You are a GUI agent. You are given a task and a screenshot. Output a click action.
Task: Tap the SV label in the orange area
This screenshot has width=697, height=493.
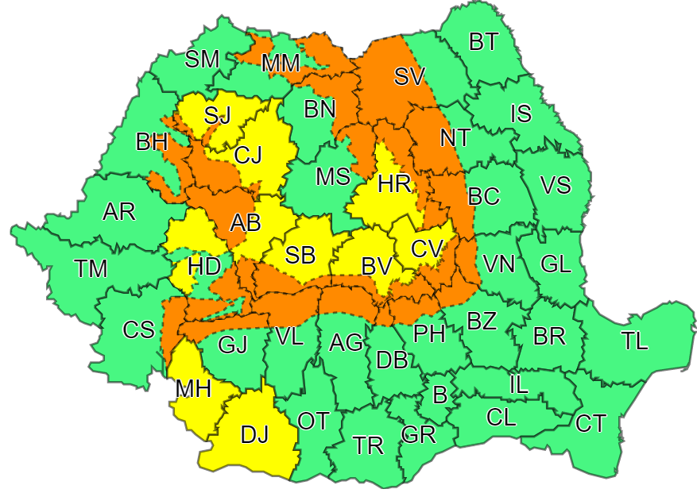coord(409,76)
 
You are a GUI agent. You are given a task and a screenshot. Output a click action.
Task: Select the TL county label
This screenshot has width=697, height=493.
coord(634,341)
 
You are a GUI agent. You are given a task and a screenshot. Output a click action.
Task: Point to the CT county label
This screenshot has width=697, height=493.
coord(591,424)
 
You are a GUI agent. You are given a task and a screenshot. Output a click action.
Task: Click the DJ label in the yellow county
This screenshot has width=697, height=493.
coord(255,434)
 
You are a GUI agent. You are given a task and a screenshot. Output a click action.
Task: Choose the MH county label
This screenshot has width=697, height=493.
coord(193,389)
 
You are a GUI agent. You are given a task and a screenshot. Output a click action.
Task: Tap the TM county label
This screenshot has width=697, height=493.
coord(91,269)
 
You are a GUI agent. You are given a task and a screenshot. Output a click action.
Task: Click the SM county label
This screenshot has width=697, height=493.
coord(203,59)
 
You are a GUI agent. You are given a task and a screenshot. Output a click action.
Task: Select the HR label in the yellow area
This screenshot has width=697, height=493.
coord(394,185)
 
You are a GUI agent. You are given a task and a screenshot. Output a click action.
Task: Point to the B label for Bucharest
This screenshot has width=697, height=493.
coord(439,394)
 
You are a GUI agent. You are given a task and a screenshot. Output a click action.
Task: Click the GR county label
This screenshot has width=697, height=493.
coord(419,434)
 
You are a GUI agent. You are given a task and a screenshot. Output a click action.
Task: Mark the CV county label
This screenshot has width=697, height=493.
coord(427,248)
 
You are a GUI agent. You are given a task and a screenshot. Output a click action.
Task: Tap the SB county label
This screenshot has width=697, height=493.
coord(300,256)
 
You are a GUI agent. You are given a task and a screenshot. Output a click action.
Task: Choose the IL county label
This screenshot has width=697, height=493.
coord(518,386)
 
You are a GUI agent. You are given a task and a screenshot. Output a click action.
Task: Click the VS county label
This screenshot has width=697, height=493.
coord(556,185)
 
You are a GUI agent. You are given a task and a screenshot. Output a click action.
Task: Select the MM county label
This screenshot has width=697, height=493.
coord(281,64)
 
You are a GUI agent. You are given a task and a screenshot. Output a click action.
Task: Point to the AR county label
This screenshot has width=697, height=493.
coord(119,212)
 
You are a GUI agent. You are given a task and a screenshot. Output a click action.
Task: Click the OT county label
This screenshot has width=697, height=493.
coord(313,421)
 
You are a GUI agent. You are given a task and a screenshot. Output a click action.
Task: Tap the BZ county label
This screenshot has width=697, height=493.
coord(482,322)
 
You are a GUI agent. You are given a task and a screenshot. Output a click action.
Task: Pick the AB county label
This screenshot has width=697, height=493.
coord(246,223)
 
